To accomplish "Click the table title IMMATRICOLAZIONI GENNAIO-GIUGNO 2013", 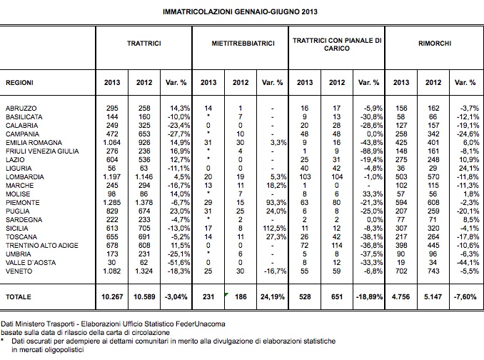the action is (240, 12).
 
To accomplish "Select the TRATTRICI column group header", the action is (143, 44).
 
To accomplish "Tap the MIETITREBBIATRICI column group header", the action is (243, 44).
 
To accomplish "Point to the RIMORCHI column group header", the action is (435, 44).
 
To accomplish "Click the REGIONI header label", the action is (19, 83).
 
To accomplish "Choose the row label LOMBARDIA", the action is (25, 177).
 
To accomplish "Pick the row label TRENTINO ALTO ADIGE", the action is (42, 246).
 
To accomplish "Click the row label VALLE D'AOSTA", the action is (31, 263).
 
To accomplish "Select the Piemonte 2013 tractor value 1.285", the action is (112, 203).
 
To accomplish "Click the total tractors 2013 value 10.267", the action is (112, 296).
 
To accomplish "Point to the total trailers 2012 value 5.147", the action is (433, 296).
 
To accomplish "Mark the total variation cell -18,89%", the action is (369, 296).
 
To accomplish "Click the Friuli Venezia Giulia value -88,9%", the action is (372, 151).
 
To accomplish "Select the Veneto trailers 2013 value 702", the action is (401, 271).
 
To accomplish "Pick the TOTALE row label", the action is (19, 297).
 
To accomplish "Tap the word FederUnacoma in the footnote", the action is (201, 324).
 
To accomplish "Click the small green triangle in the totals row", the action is (226, 294).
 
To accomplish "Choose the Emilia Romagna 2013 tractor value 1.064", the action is (112, 143).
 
